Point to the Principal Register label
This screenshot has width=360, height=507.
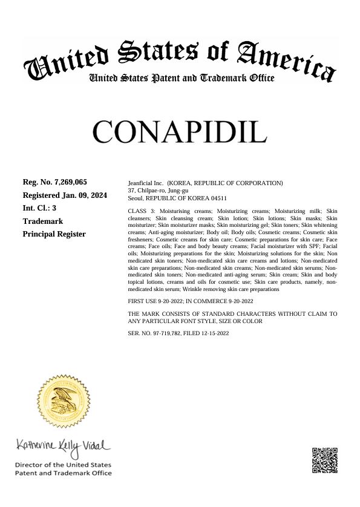coord(54,234)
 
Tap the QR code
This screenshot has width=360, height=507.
coord(324,462)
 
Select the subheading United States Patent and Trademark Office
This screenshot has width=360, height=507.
coord(182,79)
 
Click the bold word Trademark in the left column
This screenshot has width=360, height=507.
coord(42,221)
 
